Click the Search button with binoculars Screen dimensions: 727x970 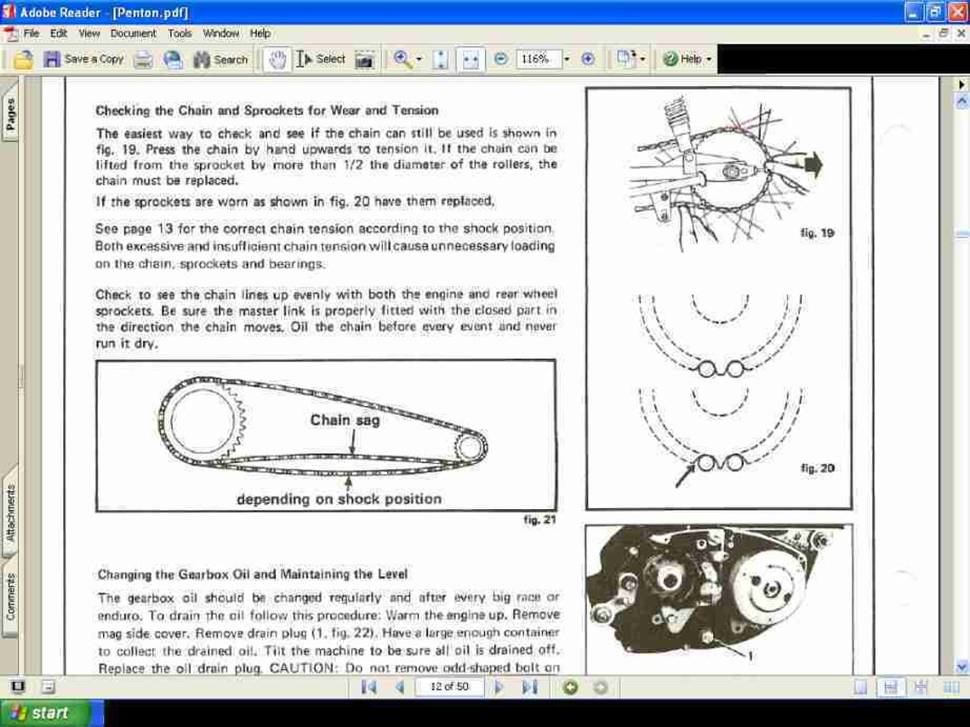pos(220,60)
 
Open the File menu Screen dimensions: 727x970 pos(31,33)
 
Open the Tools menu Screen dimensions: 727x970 pos(180,33)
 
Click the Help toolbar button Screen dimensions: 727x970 pos(686,59)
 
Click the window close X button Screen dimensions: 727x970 pos(958,13)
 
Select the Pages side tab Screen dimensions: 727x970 pos(11,114)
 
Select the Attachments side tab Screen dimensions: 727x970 pos(11,512)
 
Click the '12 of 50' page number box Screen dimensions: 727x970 pos(449,687)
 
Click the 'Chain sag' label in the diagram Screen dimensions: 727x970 pos(345,421)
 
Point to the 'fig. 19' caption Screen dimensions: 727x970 pos(817,232)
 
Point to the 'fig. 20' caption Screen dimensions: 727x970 pos(817,467)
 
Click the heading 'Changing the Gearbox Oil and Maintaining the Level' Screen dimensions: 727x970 pos(252,575)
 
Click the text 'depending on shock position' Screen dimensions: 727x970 pos(339,499)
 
